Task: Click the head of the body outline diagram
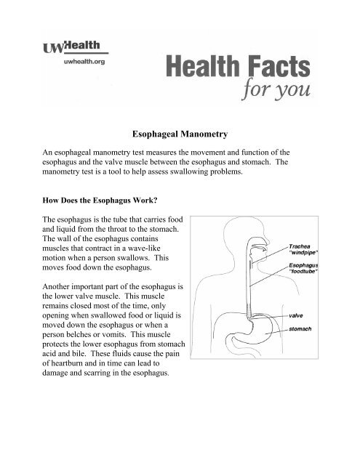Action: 239,255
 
